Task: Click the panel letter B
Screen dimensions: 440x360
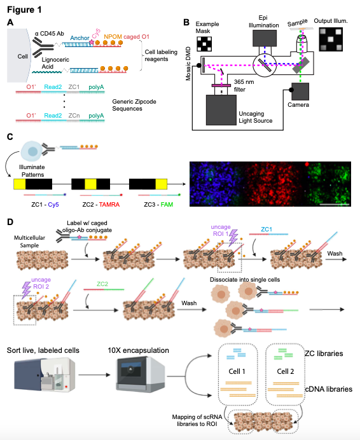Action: pos(186,23)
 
